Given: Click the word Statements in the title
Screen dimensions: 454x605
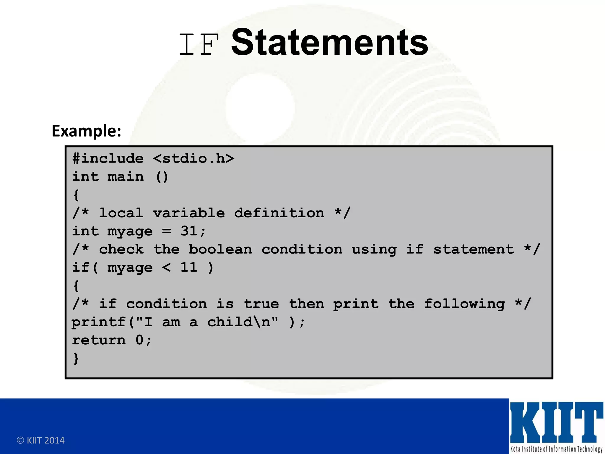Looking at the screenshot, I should click(x=329, y=42).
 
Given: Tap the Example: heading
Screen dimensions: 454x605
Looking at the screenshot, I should click(x=87, y=131).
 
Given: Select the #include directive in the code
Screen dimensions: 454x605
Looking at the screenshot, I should click(x=108, y=159).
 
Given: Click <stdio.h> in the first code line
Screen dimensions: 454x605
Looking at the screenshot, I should click(x=193, y=159).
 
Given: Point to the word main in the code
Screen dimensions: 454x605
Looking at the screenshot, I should click(x=126, y=177).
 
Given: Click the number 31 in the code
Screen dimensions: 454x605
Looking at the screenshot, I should click(x=189, y=231).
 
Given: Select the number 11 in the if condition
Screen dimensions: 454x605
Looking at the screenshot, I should click(x=189, y=267).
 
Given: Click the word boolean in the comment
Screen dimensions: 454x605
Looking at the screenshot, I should click(x=220, y=249).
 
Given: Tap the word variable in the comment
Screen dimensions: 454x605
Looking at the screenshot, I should click(x=189, y=213).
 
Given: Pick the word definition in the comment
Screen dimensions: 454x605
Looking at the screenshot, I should click(x=279, y=213).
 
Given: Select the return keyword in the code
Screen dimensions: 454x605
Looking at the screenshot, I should click(x=99, y=340).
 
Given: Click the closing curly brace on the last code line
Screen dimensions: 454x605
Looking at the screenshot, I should click(x=76, y=359).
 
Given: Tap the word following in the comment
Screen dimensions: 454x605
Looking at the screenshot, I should click(x=464, y=304).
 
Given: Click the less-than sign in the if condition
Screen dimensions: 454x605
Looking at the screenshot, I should click(x=167, y=267).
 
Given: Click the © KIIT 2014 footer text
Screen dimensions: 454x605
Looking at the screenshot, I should click(x=41, y=440).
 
